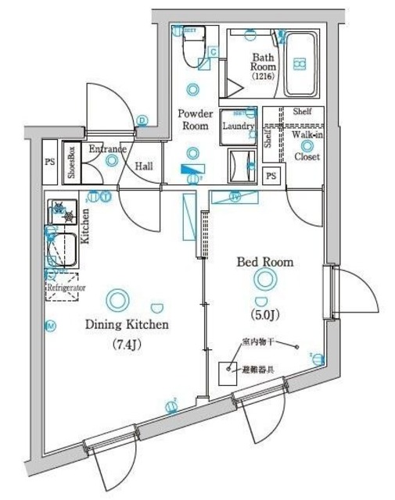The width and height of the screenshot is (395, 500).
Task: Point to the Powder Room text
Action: coord(195,118)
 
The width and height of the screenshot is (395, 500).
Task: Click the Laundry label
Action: coord(239,126)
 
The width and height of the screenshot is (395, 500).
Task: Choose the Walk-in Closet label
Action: coord(305,145)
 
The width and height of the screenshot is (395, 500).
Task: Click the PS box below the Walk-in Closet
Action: coord(271,177)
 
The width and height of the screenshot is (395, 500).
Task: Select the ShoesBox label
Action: coord(71,162)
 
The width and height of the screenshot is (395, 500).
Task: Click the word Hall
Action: coord(143,166)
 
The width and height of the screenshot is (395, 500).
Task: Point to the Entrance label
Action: coord(108,149)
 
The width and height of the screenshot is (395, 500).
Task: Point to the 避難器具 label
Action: coord(259,369)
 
